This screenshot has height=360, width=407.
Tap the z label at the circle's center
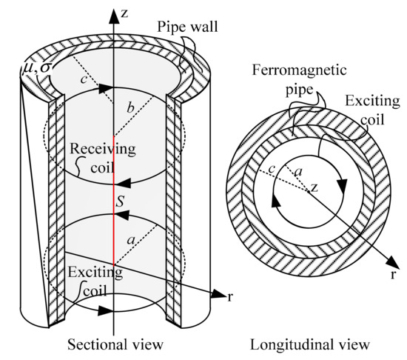(x=314, y=188)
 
